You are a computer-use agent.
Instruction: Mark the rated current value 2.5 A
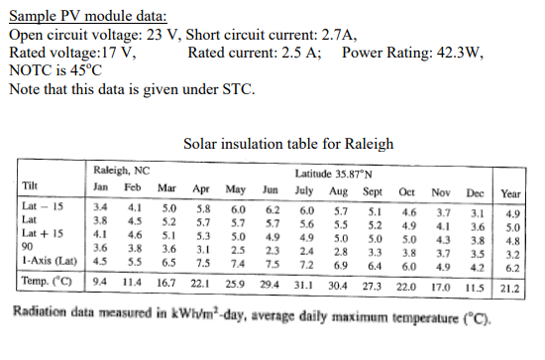tap(299, 53)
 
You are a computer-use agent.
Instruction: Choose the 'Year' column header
tap(511, 194)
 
